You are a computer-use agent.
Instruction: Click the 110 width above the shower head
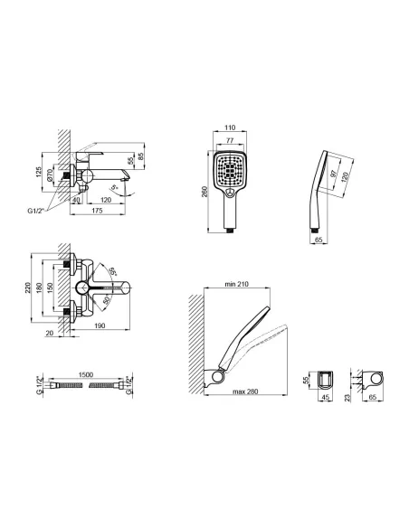(x=231, y=129)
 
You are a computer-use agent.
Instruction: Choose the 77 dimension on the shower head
(x=231, y=141)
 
